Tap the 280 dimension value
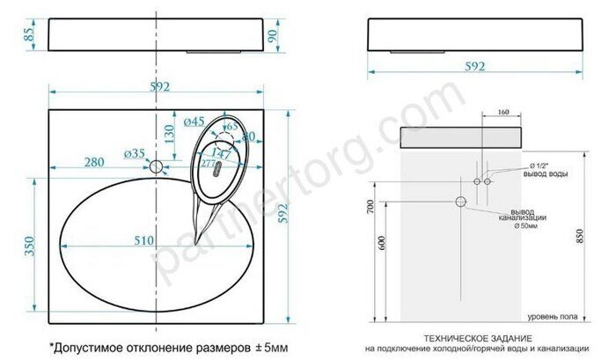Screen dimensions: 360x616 click(98, 161)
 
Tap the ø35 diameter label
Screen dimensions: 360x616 click(136, 154)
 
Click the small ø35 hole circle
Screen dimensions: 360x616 click(157, 165)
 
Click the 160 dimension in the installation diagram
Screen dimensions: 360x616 click(503, 112)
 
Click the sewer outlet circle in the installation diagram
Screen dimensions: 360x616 click(458, 202)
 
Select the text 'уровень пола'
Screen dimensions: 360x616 click(552, 315)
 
